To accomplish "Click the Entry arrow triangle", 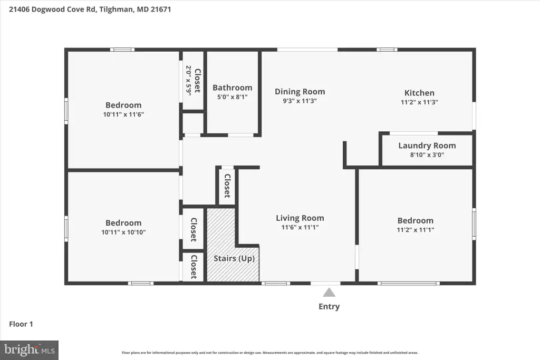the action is point(329,293).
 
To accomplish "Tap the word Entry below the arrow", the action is point(329,307).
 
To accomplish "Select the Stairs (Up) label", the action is point(234,258).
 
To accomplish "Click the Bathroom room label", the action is point(233,88).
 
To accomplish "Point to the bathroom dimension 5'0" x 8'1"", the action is point(233,97).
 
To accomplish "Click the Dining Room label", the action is point(300,92).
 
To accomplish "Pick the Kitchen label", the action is point(419,93).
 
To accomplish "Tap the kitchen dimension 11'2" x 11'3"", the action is point(419,102).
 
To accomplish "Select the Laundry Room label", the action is point(427,146).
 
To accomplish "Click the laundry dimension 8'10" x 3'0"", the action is point(427,155).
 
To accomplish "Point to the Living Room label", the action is point(300,218).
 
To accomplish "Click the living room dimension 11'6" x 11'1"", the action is point(300,227).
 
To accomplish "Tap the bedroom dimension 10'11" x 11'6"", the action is point(123,114).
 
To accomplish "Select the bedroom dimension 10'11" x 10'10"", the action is point(123,232).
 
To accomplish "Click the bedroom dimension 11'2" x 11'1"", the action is point(416,230).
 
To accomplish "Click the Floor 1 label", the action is point(21,324).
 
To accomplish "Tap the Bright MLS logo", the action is point(30,351).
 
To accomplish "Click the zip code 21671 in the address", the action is point(161,9).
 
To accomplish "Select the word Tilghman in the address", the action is point(116,9).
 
